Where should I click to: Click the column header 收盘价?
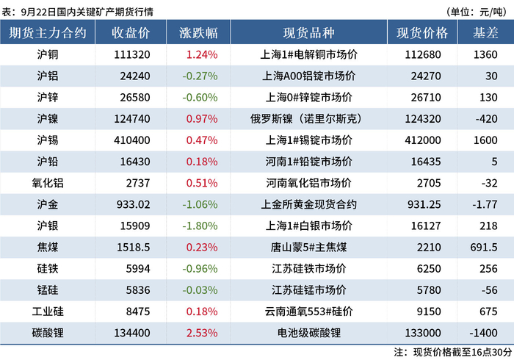pos(131,32)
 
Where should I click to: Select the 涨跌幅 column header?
pos(198,32)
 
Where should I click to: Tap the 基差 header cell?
pos(485,32)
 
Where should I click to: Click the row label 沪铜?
pos(48,54)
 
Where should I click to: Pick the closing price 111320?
pos(132,54)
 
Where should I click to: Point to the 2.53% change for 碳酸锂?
pos(202,333)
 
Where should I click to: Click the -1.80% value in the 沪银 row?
pos(200,226)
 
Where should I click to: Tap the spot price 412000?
pos(423,140)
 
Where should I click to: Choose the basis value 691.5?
pos(484,247)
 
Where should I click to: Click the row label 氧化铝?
pos(48,183)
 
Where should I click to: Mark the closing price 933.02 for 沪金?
pos(134,204)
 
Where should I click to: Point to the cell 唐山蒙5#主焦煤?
pos(308,247)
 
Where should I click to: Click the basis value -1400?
pos(483,333)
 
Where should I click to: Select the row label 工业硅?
pos(48,312)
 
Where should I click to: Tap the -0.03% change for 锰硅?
pos(200,290)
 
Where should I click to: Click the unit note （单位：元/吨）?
pos(477,12)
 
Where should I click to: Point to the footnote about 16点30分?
pos(453,353)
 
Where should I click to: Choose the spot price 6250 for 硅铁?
pos(429,269)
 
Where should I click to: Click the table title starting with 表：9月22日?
pos(77,12)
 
